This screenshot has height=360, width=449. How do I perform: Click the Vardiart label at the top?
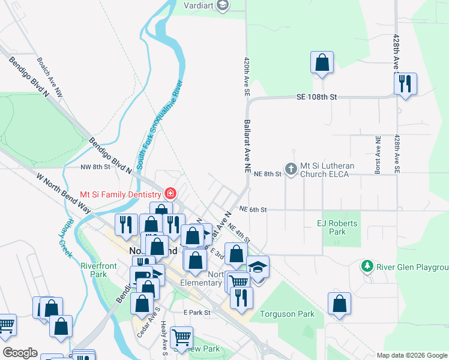pyautogui.click(x=199, y=5)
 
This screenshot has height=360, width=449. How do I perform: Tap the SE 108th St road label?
pyautogui.click(x=317, y=97)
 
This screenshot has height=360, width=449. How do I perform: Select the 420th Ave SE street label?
pyautogui.click(x=246, y=77)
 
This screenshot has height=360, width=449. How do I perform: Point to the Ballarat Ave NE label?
pyautogui.click(x=247, y=147)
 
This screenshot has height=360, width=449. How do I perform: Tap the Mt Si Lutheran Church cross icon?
pyautogui.click(x=291, y=169)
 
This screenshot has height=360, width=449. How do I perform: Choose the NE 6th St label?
pyautogui.click(x=252, y=209)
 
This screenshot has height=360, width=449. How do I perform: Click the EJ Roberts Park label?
pyautogui.click(x=337, y=227)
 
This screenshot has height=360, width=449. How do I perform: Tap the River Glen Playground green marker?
pyautogui.click(x=367, y=265)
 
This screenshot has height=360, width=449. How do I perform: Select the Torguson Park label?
pyautogui.click(x=287, y=314)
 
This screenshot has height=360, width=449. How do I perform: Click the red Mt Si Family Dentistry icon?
pyautogui.click(x=170, y=194)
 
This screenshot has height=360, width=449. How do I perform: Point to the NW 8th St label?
pyautogui.click(x=95, y=167)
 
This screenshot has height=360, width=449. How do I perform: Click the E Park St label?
pyautogui.click(x=197, y=313)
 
